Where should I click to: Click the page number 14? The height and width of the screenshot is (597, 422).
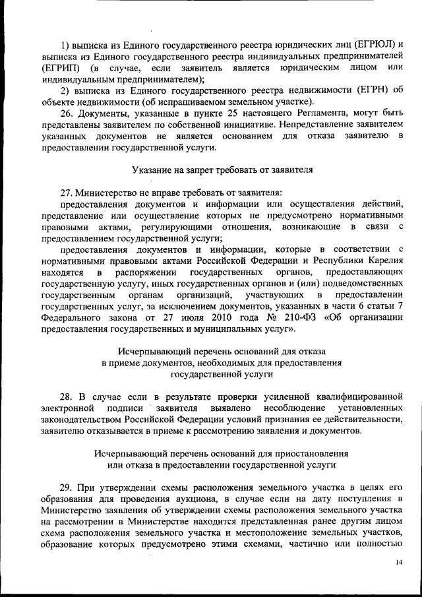(x=398, y=561)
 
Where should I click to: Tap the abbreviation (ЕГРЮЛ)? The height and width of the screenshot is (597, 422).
(x=370, y=44)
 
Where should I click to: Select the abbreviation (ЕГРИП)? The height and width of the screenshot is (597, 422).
(x=60, y=68)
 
